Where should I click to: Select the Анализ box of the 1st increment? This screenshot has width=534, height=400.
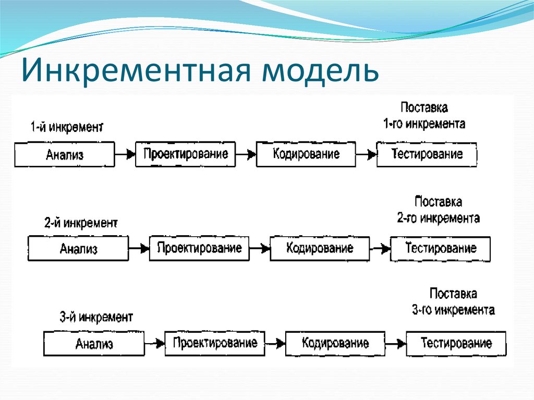point(64,155)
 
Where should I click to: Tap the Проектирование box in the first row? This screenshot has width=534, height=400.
point(185,154)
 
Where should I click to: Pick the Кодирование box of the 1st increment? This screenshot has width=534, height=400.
point(306,154)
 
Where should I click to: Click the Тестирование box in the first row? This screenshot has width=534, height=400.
point(427,154)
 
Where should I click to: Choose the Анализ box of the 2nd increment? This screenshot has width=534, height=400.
point(78,249)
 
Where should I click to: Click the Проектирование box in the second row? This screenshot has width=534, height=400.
point(199,248)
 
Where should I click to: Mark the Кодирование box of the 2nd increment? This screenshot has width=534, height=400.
point(320,248)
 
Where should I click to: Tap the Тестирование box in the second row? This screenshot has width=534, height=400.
point(441,248)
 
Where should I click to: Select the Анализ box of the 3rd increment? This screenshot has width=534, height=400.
point(94,344)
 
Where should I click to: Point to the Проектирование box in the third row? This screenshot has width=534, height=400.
point(215,343)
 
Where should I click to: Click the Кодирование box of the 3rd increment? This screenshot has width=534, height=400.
point(335,343)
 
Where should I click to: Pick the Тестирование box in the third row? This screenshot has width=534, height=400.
point(456,343)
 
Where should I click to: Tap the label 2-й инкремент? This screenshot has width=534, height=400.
point(81,223)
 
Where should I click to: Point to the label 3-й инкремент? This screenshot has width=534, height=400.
point(96,317)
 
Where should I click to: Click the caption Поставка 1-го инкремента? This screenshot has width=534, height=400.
point(424,116)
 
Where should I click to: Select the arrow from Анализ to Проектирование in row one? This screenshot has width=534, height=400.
point(125,154)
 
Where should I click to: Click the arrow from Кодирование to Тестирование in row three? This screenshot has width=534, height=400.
point(396,343)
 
